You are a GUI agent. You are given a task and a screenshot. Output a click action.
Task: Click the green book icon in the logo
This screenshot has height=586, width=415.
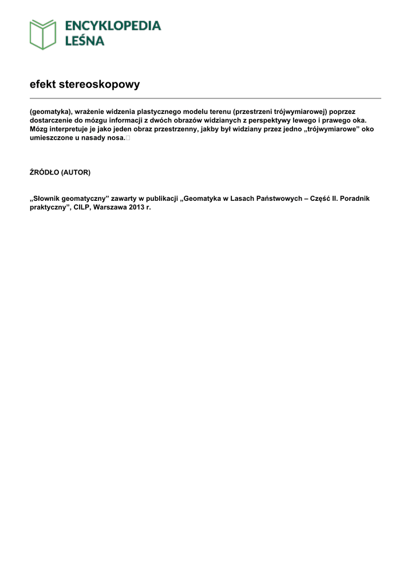(x=43, y=34)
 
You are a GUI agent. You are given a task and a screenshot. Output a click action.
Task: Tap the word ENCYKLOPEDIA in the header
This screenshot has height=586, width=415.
(x=113, y=26)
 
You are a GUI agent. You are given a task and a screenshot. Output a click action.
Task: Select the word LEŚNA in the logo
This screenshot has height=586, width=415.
(x=84, y=41)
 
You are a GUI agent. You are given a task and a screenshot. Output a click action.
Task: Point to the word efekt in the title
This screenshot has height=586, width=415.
(x=43, y=85)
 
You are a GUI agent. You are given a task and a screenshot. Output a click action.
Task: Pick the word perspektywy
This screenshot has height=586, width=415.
(x=265, y=121)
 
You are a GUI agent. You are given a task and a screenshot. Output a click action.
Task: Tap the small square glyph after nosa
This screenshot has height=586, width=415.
(x=127, y=138)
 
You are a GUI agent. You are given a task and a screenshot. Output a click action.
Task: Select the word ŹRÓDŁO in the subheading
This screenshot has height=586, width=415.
(x=44, y=172)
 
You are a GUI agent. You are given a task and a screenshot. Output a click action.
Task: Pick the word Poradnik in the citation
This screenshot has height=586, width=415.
(x=355, y=199)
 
